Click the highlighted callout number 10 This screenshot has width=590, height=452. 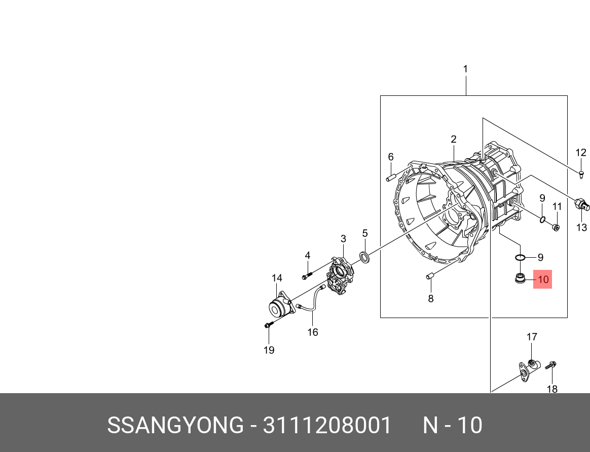542,279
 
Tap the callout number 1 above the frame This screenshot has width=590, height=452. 465,69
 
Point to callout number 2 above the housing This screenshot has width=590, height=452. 454,139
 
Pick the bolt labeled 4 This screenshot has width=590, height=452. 307,275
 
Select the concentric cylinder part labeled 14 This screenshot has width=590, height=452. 279,308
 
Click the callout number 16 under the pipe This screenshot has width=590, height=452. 313,332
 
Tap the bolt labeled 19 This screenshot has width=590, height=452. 268,325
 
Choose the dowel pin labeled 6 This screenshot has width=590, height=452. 391,178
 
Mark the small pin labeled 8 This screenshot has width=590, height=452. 430,276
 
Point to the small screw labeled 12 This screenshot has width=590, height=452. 581,174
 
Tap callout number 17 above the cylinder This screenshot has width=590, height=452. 531,337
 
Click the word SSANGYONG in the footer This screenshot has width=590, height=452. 175,425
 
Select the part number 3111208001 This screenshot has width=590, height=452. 327,425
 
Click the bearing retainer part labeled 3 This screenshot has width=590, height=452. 340,276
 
